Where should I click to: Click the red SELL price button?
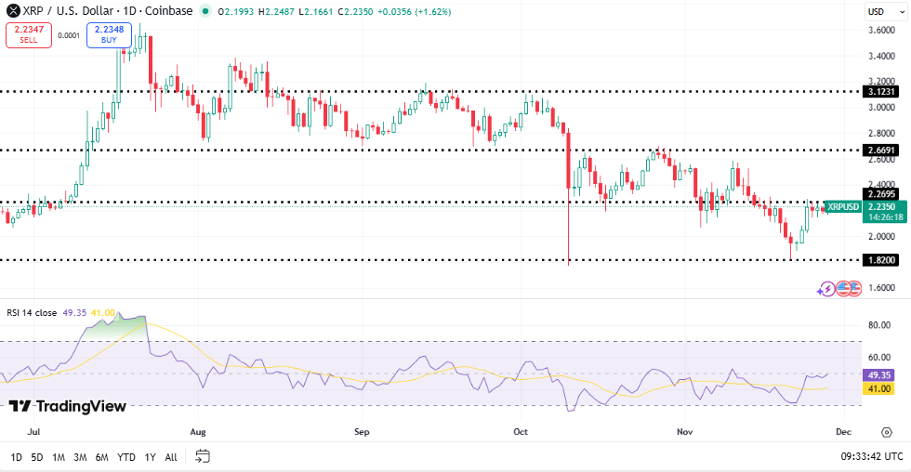pyautogui.click(x=28, y=35)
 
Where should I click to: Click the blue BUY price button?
pyautogui.click(x=109, y=35)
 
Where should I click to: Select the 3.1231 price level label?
pyautogui.click(x=879, y=92)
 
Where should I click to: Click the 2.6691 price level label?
pyautogui.click(x=879, y=150)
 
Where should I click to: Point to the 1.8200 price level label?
pyautogui.click(x=879, y=260)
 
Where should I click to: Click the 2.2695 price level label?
pyautogui.click(x=879, y=194)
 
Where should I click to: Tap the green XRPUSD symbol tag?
pyautogui.click(x=842, y=206)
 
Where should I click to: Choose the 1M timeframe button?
pyautogui.click(x=59, y=457)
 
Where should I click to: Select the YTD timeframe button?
pyautogui.click(x=127, y=457)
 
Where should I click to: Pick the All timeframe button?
pyautogui.click(x=171, y=457)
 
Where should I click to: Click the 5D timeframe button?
pyautogui.click(x=37, y=457)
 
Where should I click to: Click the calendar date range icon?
pyautogui.click(x=203, y=456)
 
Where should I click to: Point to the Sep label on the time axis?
pyautogui.click(x=362, y=432)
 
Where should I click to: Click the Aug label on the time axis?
pyautogui.click(x=197, y=432)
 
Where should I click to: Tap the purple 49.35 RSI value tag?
pyautogui.click(x=879, y=374)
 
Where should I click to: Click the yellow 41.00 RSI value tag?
pyautogui.click(x=879, y=388)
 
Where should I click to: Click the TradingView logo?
pyautogui.click(x=68, y=406)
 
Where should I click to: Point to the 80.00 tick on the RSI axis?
pyautogui.click(x=879, y=325)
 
